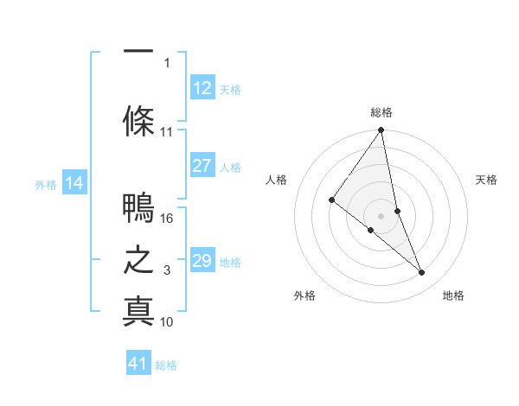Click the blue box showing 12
point(202,87)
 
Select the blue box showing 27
point(202,166)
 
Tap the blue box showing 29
point(202,261)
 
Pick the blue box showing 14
point(74,183)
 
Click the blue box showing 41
point(138,364)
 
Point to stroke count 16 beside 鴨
point(168,219)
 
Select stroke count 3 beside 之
point(167,270)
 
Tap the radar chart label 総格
point(381,112)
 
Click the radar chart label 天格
point(486,180)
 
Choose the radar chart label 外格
point(304,295)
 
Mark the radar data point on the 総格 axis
point(381,130)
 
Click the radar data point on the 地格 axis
point(421,273)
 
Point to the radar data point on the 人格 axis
point(331,200)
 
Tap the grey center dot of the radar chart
point(381,215)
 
